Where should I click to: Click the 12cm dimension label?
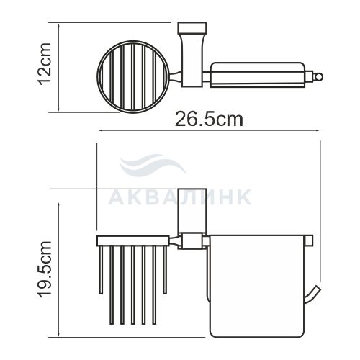45,63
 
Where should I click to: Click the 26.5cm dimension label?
209,120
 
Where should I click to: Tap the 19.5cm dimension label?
45,269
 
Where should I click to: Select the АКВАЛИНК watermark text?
180,197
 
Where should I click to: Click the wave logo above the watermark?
152,165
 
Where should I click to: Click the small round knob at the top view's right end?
318,77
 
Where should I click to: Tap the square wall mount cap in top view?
192,27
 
